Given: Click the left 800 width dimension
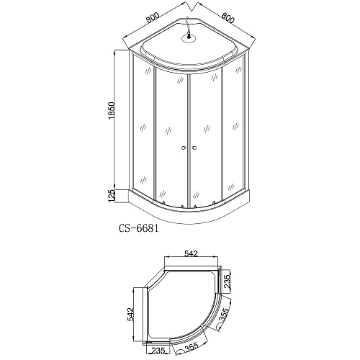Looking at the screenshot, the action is pyautogui.click(x=153, y=17).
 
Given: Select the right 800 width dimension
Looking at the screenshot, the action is pyautogui.click(x=228, y=17).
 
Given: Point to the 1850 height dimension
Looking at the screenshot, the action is pyautogui.click(x=112, y=111).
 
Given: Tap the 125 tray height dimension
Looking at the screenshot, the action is pyautogui.click(x=112, y=196).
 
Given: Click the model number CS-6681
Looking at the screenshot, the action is pyautogui.click(x=139, y=228).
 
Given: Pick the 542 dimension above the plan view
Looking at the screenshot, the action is pyautogui.click(x=191, y=253).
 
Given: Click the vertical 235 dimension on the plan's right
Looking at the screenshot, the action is pyautogui.click(x=227, y=282).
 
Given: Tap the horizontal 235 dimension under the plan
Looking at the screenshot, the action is pyautogui.click(x=158, y=351).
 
